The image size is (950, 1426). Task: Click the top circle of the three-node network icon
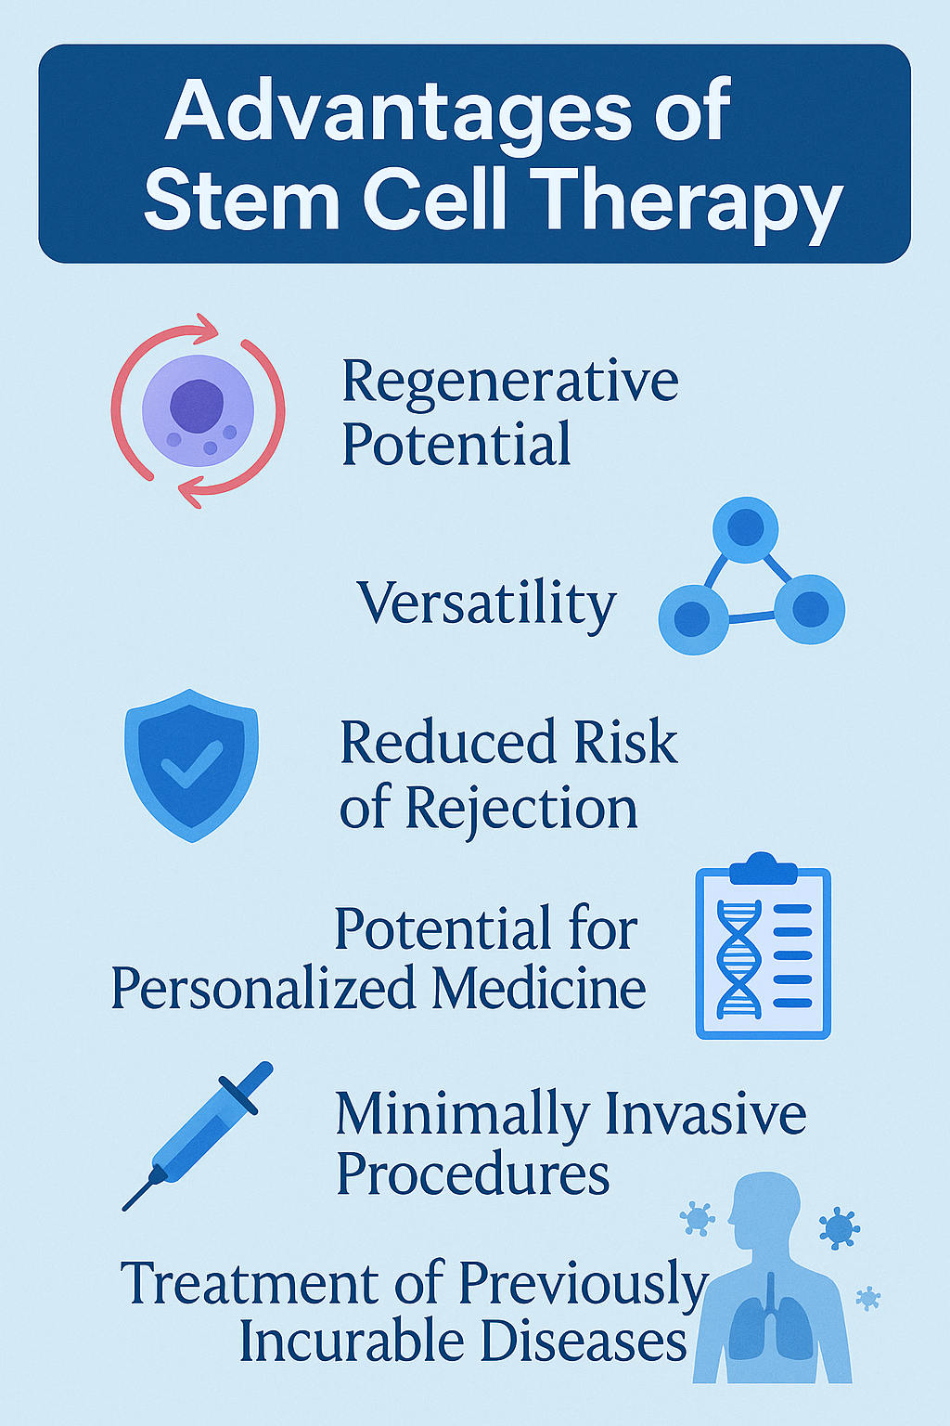click(746, 530)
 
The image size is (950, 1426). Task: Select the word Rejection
click(520, 810)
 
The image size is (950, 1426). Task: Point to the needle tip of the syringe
click(124, 1208)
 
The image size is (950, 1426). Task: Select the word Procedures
click(472, 1176)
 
